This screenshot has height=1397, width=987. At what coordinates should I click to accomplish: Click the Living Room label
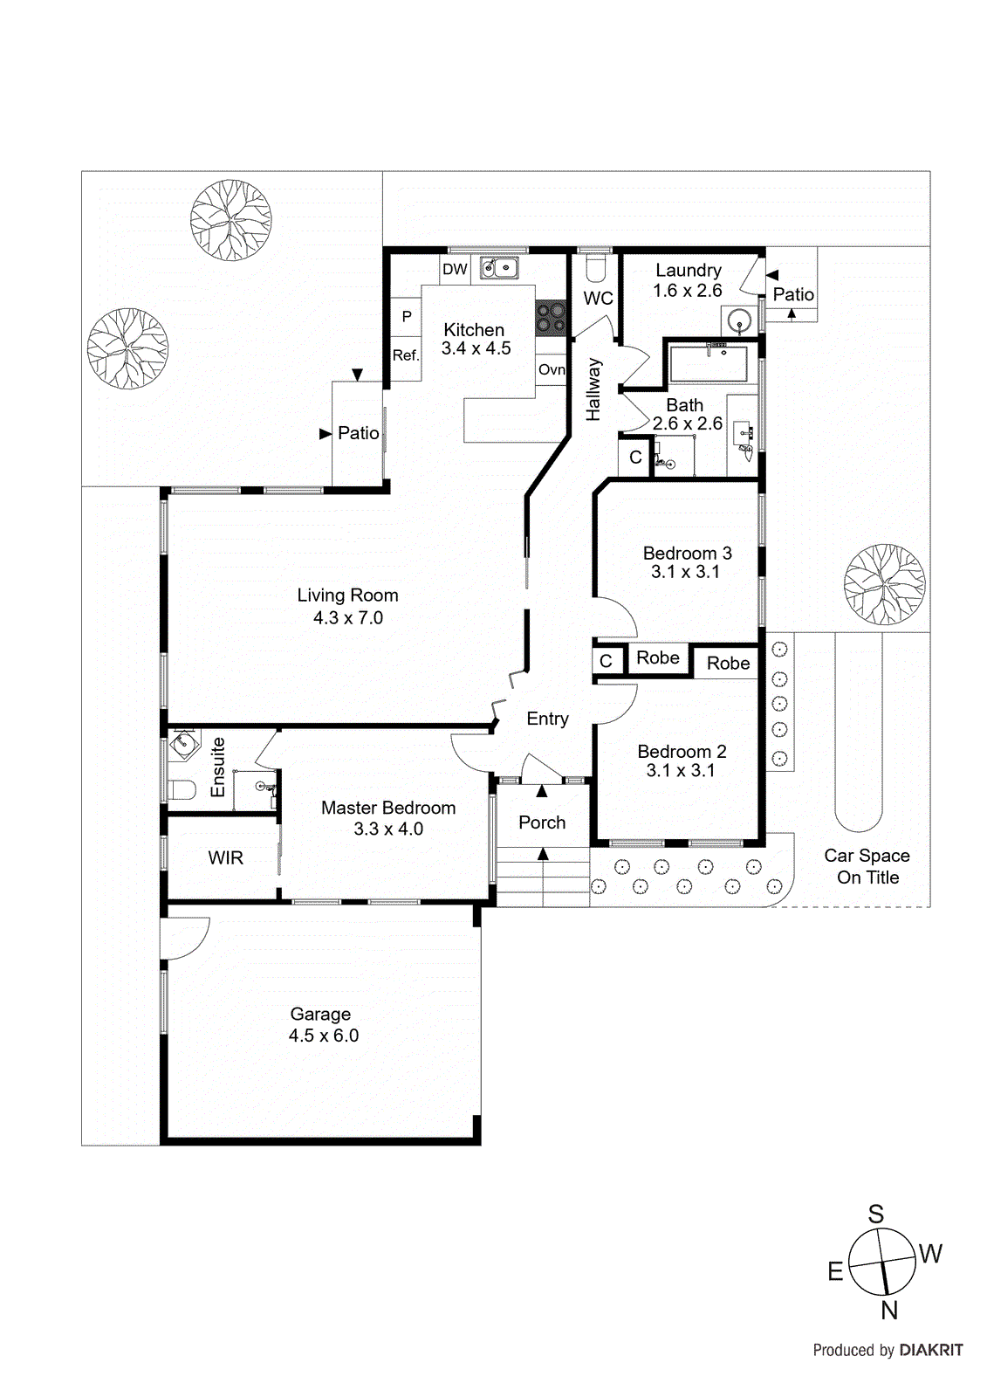point(347,595)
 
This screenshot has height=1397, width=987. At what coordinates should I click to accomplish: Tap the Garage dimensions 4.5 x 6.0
point(324,1036)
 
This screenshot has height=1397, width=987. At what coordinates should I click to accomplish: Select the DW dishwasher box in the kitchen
point(455,269)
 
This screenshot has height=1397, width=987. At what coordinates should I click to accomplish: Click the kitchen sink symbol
point(499,267)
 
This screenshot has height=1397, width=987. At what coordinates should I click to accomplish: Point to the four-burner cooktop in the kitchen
point(551,318)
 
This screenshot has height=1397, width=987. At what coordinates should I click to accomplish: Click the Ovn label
point(551,369)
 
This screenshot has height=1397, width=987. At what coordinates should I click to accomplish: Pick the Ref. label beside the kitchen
point(406,355)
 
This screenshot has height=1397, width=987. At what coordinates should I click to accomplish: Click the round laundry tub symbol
point(740,320)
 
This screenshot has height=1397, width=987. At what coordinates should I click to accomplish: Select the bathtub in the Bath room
point(708,363)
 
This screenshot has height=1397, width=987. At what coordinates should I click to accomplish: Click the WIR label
point(225,858)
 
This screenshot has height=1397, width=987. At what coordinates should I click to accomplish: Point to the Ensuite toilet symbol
point(181,790)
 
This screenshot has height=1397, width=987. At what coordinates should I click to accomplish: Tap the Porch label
point(542,822)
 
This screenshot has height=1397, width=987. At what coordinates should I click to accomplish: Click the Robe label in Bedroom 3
point(658,658)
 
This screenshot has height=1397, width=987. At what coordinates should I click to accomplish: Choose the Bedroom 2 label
point(682,752)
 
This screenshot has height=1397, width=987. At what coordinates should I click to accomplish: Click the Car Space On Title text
point(867,866)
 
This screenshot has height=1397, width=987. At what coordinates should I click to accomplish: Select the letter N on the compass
point(889,1310)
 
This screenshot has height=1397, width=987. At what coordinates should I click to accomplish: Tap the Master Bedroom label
point(388,809)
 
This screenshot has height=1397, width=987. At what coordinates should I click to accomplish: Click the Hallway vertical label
point(593,389)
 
